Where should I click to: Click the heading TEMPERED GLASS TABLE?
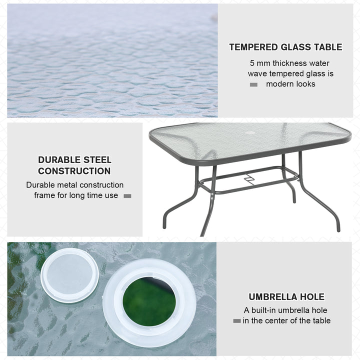(285, 47)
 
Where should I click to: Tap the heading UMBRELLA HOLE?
(286, 297)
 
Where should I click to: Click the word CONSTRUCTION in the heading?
(74, 171)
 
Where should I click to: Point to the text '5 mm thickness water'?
(289, 63)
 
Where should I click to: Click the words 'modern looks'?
(290, 84)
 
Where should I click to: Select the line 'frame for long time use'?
(76, 195)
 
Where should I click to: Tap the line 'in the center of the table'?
(286, 320)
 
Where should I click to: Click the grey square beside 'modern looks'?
(253, 84)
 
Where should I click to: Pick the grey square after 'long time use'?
(127, 196)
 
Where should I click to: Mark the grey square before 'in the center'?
(236, 320)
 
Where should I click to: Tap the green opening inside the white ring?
(149, 301)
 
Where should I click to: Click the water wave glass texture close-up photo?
(112, 60)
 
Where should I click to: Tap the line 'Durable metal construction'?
(75, 185)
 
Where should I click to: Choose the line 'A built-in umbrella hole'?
(285, 310)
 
